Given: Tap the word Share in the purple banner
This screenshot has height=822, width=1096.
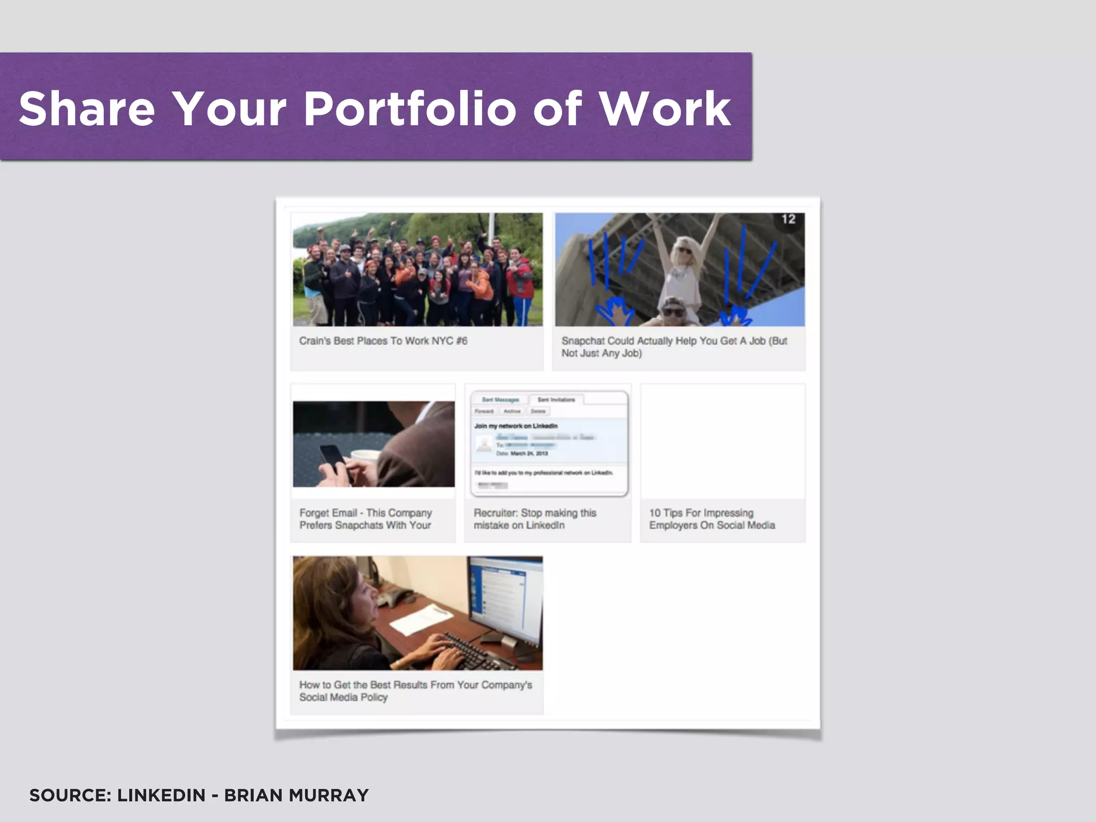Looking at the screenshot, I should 87,109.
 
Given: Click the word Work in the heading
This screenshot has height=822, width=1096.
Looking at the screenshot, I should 665,109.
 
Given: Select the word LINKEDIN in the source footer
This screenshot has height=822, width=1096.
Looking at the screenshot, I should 161,795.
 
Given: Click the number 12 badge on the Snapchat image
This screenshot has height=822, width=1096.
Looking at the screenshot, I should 788,219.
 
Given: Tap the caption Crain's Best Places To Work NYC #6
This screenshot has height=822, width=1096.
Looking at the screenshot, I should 383,341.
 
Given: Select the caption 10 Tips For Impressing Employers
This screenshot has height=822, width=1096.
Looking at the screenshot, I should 712,519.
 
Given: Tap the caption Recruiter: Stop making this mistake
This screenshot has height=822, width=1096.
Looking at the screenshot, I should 535,519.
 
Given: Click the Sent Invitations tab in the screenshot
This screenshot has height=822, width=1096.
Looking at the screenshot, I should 556,400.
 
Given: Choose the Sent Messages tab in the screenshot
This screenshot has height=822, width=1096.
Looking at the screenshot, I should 500,400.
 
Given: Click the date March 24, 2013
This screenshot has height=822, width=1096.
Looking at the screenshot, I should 529,453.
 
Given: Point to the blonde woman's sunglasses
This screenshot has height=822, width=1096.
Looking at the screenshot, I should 684,250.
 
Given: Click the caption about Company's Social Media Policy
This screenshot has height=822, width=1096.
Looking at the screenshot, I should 415,691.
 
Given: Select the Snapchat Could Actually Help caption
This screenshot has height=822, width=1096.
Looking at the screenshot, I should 674,347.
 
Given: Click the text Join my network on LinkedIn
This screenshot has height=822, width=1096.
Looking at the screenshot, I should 516,426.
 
